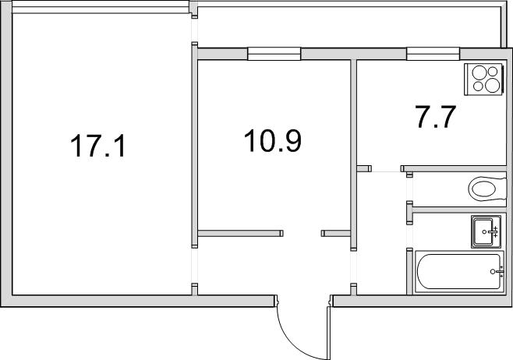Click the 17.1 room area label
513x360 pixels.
[97, 146]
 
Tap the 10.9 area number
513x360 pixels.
[273, 140]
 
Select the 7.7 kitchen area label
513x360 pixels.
[435, 116]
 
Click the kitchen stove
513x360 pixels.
[483, 79]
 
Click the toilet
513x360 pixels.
[487, 189]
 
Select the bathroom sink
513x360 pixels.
[486, 231]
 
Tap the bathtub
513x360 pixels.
[459, 272]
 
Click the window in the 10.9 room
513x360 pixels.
[274, 54]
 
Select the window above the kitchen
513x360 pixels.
[433, 54]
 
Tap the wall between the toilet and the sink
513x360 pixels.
[459, 210]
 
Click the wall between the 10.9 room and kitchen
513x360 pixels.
[353, 154]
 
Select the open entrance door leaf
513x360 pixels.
[328, 333]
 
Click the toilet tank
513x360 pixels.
[501, 189]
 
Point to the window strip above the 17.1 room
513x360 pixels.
[100, 7]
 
